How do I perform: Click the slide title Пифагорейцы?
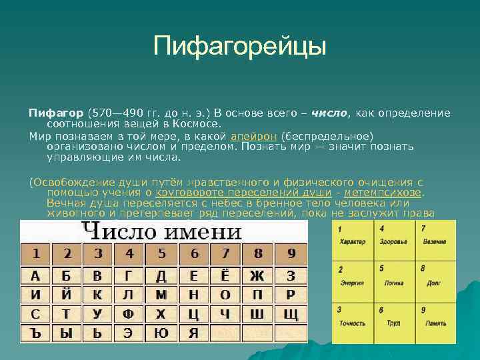(x=239, y=47)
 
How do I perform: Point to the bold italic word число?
(x=329, y=113)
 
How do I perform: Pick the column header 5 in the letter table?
(x=161, y=254)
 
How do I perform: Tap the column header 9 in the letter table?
(x=291, y=254)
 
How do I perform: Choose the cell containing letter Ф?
(x=129, y=313)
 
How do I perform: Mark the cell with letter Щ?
(x=290, y=313)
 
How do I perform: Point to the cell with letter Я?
(x=193, y=332)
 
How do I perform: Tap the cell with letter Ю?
(x=161, y=332)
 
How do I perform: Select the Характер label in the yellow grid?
(x=352, y=241)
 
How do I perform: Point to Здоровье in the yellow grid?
(x=394, y=241)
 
